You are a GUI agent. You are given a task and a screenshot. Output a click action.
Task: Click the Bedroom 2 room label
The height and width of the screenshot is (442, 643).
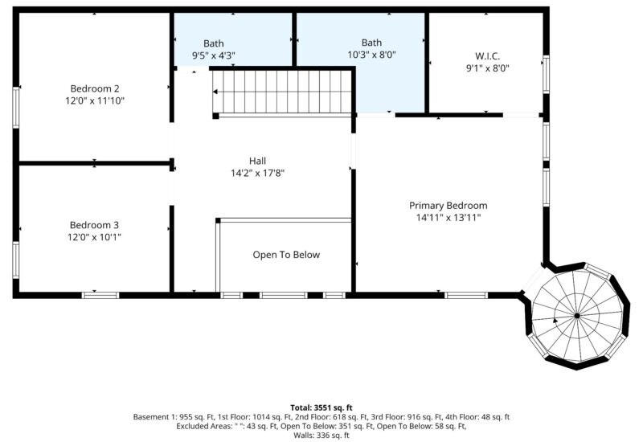click(94, 88)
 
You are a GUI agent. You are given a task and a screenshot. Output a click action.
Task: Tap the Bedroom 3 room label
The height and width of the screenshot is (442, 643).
click(94, 225)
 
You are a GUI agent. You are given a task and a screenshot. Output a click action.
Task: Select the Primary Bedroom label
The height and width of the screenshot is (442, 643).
click(448, 206)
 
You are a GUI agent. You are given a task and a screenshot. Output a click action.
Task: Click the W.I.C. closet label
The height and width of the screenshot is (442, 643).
click(487, 56)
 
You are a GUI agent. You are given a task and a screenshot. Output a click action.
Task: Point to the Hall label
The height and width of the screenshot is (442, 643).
click(257, 161)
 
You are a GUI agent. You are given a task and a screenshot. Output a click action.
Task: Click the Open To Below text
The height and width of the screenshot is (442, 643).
click(286, 255)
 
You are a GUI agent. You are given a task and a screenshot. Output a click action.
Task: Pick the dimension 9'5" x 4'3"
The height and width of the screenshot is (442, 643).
click(213, 55)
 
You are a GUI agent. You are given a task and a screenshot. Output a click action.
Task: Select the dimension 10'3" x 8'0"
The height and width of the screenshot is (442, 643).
click(371, 55)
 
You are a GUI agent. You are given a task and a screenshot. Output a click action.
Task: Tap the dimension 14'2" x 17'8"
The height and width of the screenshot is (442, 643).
click(257, 173)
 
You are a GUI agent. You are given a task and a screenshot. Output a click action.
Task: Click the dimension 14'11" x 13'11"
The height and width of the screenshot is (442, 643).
click(448, 218)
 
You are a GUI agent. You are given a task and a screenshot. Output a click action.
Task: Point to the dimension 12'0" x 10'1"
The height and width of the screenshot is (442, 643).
click(94, 237)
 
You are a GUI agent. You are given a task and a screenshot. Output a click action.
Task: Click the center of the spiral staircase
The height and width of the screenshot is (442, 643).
click(576, 316)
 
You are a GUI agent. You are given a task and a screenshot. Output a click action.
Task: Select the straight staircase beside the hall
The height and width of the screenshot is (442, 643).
click(283, 92)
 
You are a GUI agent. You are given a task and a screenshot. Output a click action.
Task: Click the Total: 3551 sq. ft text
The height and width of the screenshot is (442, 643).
click(321, 407)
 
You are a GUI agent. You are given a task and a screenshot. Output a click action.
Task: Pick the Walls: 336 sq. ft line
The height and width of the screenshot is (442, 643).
click(321, 436)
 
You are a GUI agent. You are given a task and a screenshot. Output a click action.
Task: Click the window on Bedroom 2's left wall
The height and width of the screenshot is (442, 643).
click(14, 107)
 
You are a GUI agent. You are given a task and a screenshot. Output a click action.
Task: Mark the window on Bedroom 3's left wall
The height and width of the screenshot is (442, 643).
click(14, 259)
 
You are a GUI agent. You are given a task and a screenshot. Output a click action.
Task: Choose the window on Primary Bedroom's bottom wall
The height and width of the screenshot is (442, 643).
click(465, 295)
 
